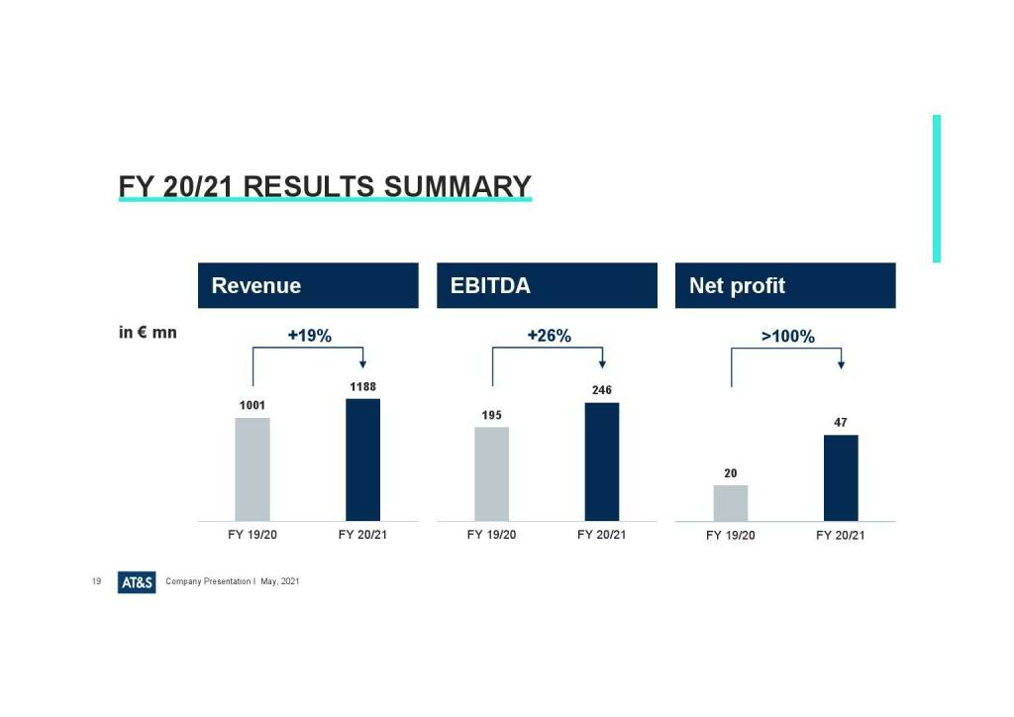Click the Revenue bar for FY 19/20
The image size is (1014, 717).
253,468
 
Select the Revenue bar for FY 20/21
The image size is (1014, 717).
362,460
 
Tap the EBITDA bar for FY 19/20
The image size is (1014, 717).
491,473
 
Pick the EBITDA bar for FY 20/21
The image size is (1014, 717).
602,461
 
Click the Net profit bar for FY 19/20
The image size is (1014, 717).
731,502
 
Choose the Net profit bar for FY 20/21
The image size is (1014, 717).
841,477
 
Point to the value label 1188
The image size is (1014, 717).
363,386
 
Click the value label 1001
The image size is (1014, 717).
253,405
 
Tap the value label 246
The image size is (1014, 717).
602,390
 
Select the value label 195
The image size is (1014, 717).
492,415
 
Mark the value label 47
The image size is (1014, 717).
841,423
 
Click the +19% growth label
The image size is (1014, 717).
309,336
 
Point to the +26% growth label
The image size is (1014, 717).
549,336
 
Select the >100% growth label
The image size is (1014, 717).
787,337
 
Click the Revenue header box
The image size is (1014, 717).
308,285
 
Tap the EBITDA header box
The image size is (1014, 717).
547,285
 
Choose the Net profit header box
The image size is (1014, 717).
785,285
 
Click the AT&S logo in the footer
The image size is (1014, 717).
137,582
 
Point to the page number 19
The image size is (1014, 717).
97,581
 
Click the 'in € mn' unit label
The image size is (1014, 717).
148,333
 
